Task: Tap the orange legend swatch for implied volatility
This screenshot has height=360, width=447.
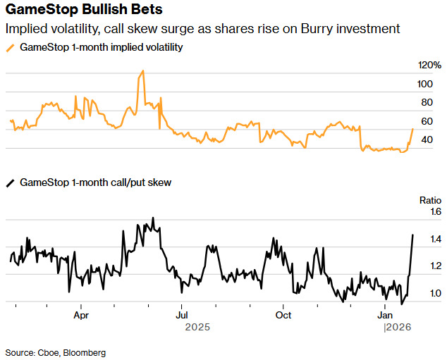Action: pyautogui.click(x=10, y=47)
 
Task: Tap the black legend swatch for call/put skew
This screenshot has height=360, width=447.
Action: pyautogui.click(x=10, y=182)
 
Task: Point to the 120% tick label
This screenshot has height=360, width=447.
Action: pyautogui.click(x=429, y=65)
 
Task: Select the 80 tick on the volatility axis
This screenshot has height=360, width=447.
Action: pyautogui.click(x=427, y=102)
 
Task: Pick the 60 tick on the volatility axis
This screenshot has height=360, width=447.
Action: pyautogui.click(x=427, y=121)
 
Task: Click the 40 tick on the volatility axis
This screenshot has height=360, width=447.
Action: pyautogui.click(x=427, y=139)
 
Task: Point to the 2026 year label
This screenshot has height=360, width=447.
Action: pyautogui.click(x=398, y=328)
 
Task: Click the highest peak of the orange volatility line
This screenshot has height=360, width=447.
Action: pyautogui.click(x=143, y=70)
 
